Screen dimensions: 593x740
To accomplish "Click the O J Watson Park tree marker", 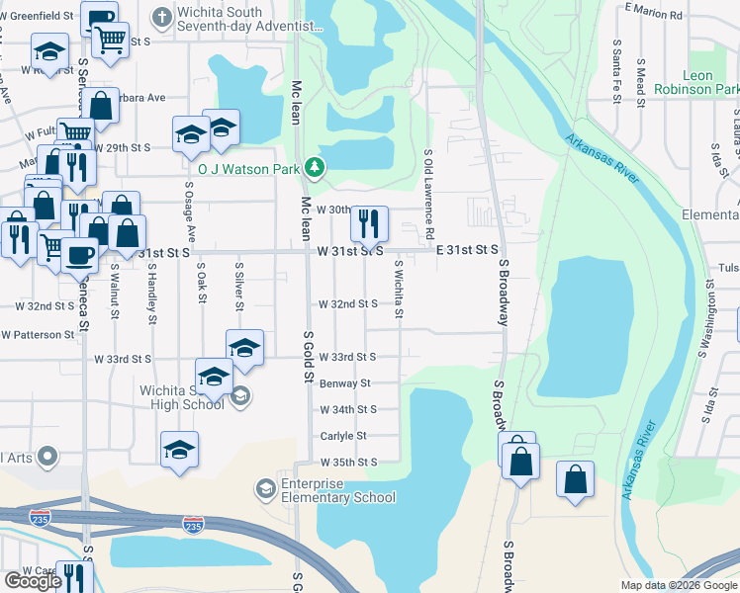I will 315,167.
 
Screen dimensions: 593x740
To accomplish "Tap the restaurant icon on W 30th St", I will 368,223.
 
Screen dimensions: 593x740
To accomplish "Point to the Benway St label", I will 344,382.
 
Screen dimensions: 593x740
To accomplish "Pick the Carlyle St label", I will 343,436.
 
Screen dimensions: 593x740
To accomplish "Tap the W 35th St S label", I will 348,463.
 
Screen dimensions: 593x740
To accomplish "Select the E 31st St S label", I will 467,251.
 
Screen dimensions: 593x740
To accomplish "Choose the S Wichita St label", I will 399,290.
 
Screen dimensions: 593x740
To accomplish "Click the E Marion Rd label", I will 654,15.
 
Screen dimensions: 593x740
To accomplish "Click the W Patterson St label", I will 38,335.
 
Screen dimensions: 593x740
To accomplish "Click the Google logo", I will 33,581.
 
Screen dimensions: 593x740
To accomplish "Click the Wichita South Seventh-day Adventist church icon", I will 161,17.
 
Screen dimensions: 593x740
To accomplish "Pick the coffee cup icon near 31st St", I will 80,255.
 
